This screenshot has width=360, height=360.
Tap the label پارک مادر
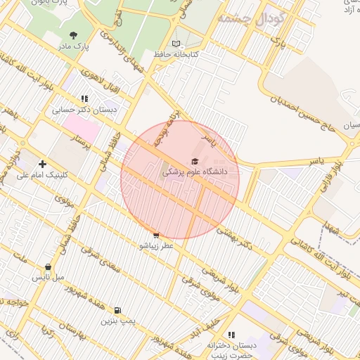74,46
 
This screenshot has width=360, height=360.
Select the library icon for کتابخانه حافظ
176,44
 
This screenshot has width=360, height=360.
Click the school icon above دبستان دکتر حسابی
84,99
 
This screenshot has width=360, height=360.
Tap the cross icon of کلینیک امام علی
42,164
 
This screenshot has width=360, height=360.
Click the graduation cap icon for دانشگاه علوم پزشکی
193,162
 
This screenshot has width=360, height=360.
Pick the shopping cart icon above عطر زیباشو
155,236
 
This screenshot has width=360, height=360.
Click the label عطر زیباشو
155,246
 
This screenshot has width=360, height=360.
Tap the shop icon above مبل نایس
48,267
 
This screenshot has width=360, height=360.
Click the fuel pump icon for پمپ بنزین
116,310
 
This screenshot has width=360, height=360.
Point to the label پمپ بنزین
116,321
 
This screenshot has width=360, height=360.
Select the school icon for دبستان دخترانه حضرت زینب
231,335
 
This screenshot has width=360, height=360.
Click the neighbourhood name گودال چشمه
250,18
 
